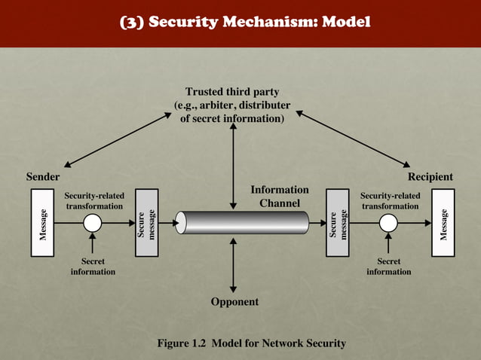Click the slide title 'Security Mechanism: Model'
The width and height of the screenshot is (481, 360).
pyautogui.click(x=246, y=22)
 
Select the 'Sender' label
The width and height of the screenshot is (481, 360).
pyautogui.click(x=44, y=177)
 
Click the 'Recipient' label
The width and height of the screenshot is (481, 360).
pyautogui.click(x=430, y=177)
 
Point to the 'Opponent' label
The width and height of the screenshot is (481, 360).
pyautogui.click(x=234, y=301)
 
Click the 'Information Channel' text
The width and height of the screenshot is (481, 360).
pyautogui.click(x=279, y=197)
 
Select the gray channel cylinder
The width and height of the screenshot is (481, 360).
pyautogui.click(x=242, y=223)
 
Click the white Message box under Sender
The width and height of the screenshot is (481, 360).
pyautogui.click(x=44, y=223)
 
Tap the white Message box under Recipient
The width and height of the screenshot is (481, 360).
pyautogui.click(x=443, y=223)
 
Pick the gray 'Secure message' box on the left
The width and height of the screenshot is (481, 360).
pyautogui.click(x=146, y=223)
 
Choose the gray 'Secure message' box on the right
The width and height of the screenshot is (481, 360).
pyautogui.click(x=337, y=223)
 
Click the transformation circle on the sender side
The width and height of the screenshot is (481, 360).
pyautogui.click(x=92, y=223)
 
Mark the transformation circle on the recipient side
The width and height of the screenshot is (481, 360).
pyautogui.click(x=388, y=223)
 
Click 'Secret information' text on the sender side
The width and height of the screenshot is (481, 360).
pyautogui.click(x=93, y=266)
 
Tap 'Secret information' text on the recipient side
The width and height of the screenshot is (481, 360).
pyautogui.click(x=388, y=266)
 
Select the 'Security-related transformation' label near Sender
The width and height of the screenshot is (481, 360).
pyautogui.click(x=94, y=200)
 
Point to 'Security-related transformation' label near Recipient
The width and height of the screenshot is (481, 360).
pyautogui.click(x=390, y=200)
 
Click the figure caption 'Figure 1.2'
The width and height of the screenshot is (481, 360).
pyautogui.click(x=250, y=343)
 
